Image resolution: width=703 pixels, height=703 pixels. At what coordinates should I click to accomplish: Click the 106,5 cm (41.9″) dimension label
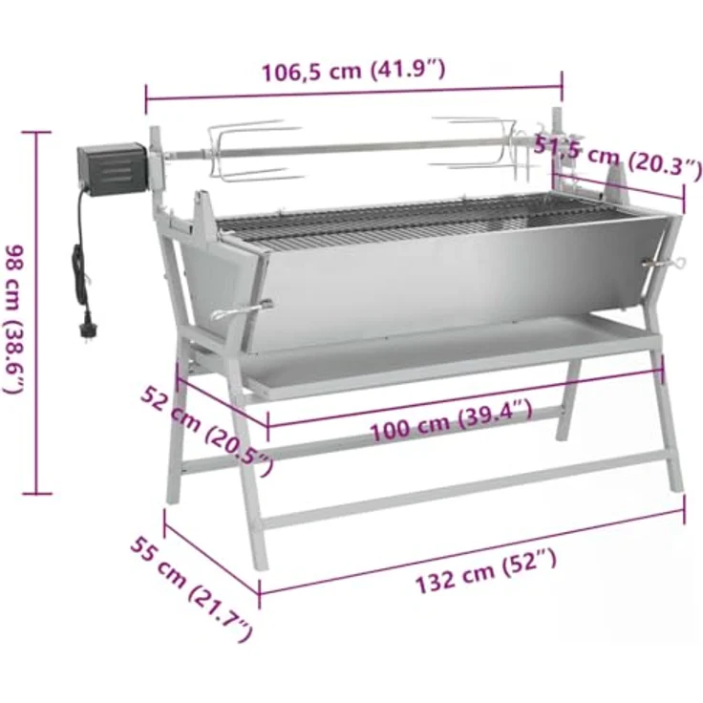point(353,71)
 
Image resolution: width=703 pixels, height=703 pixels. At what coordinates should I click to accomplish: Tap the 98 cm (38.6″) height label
point(13,320)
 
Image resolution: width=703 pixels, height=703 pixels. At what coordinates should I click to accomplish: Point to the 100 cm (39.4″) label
point(451,420)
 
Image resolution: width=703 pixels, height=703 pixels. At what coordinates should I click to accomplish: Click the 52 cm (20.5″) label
point(207,432)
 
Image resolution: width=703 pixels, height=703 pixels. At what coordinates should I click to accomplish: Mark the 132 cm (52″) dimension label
point(486,571)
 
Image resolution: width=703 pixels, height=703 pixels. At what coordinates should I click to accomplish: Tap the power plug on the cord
point(88,330)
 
